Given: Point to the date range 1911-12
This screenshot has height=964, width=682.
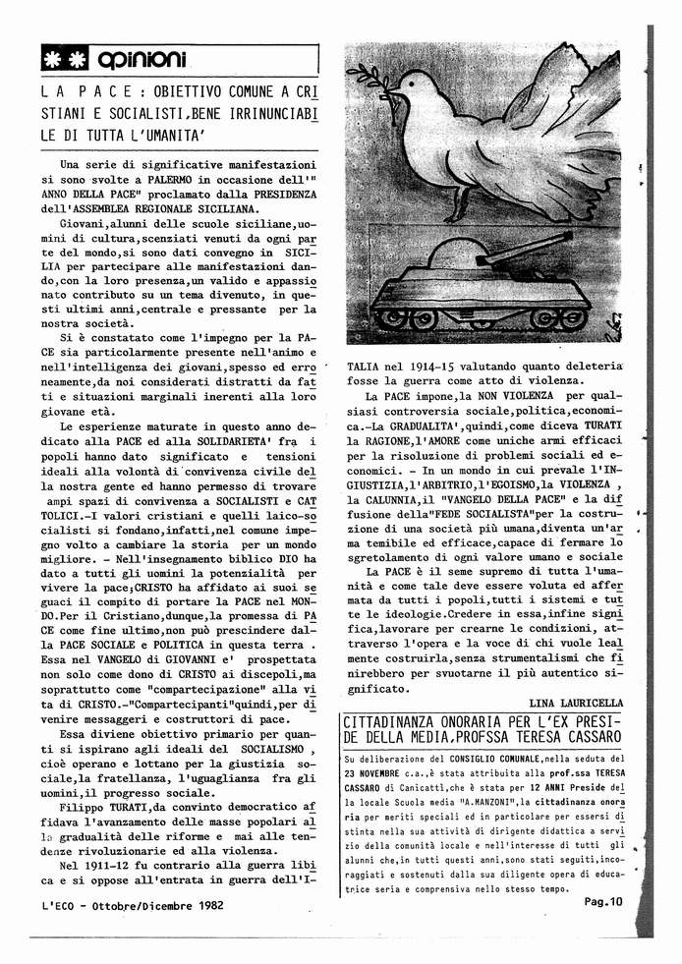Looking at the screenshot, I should point(100,837).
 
